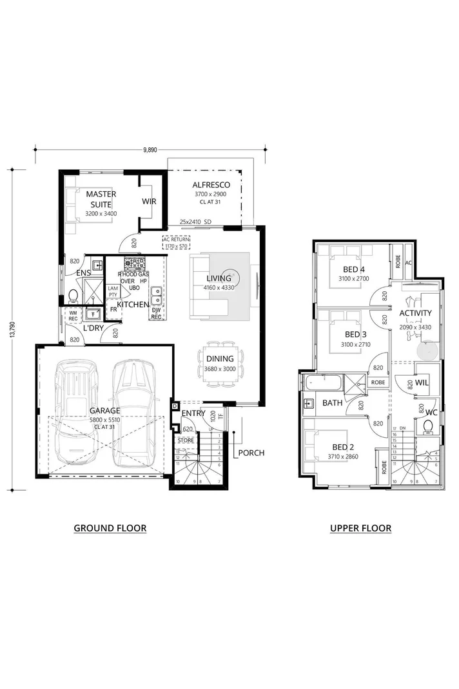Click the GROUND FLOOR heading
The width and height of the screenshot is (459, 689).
click(x=110, y=528)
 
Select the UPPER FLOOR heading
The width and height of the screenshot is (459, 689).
click(x=360, y=528)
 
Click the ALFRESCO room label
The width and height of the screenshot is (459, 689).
click(x=211, y=185)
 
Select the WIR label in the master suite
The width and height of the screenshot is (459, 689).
click(x=149, y=201)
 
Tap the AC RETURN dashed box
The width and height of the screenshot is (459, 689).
click(x=175, y=242)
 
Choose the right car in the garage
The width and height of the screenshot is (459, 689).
click(x=135, y=413)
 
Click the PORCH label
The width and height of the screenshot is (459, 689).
click(x=251, y=452)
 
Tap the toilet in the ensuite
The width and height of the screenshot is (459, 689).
click(x=73, y=297)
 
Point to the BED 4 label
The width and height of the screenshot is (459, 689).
click(x=354, y=269)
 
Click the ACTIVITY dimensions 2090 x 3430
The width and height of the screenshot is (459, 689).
click(x=415, y=327)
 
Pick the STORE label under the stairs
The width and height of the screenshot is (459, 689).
click(x=186, y=440)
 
